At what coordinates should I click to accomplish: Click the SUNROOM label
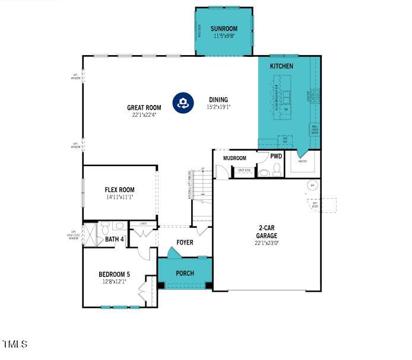[x=224, y=28]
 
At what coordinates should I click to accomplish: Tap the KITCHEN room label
[x=281, y=66]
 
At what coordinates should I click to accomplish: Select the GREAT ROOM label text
[x=144, y=108]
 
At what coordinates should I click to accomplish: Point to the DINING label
[x=218, y=100]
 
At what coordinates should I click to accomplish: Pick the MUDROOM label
[x=234, y=158]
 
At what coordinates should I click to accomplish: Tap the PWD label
[x=276, y=157]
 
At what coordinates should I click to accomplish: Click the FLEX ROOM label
[x=119, y=190]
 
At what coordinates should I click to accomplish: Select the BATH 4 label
[x=115, y=240]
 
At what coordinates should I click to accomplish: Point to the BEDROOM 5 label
[x=114, y=274]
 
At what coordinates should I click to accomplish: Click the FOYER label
[x=185, y=243]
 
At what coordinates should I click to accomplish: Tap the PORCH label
[x=185, y=273]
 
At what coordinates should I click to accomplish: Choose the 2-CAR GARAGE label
[x=267, y=232]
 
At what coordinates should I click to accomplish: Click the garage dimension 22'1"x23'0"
[x=267, y=243]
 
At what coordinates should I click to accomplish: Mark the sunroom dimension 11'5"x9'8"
[x=224, y=36]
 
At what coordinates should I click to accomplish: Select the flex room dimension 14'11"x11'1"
[x=119, y=197]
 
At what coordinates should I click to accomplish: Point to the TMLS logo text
[x=14, y=344]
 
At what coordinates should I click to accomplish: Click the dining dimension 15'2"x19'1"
[x=218, y=107]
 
